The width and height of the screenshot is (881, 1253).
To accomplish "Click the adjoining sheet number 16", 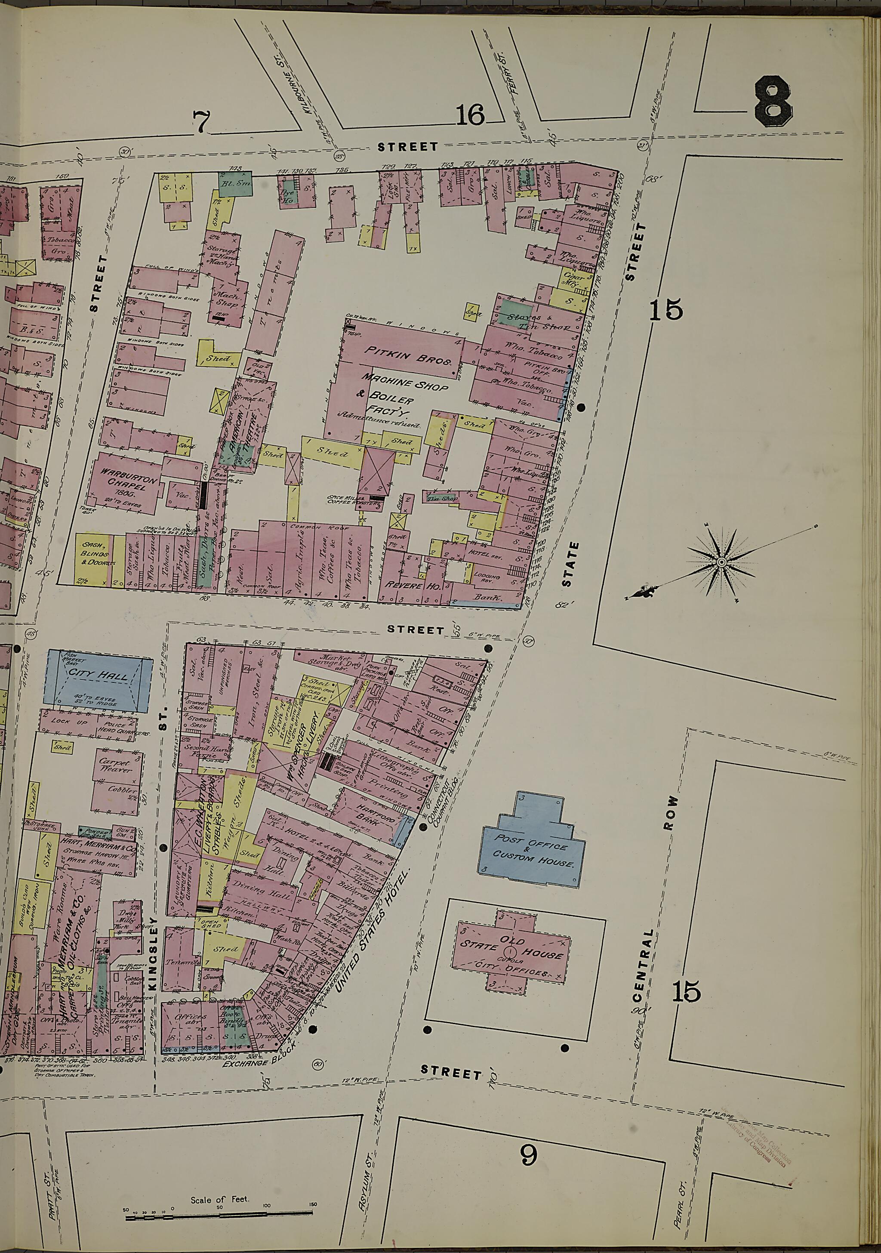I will pos(470,115).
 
